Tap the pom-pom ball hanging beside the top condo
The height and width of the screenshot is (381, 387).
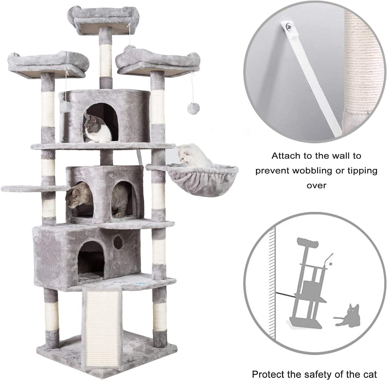coord(65,105)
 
